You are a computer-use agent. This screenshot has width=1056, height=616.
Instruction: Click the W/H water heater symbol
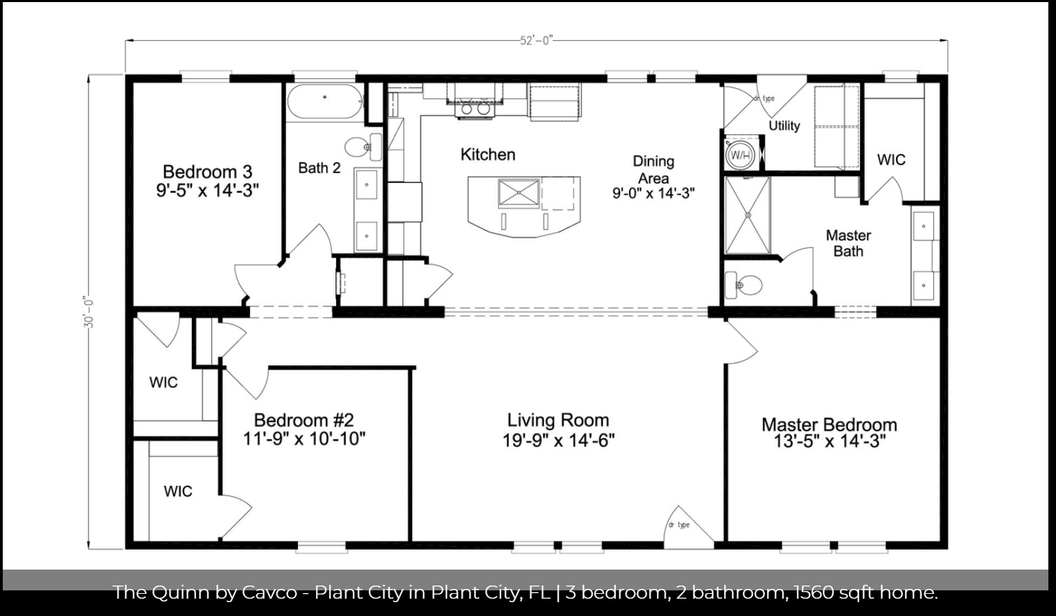[740, 154]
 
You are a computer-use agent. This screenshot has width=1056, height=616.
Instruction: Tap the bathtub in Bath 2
[324, 101]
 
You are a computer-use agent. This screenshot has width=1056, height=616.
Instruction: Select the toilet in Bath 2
[363, 147]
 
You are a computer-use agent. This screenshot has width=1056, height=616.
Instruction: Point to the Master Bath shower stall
[748, 215]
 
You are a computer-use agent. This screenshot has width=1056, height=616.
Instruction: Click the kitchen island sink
[518, 193]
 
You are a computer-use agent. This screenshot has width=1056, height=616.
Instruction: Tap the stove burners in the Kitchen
[475, 109]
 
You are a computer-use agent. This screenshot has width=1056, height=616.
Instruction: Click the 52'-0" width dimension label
[536, 41]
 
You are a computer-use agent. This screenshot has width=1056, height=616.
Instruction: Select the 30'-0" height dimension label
[89, 312]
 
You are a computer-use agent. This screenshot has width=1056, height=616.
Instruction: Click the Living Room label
[558, 420]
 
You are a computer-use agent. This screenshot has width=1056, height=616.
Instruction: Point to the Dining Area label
[653, 170]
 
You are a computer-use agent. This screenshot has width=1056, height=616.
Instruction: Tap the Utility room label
[784, 126]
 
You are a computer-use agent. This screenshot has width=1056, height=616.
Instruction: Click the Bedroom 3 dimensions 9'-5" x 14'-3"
[207, 191]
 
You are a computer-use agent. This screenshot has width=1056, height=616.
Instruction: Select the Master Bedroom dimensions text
[829, 441]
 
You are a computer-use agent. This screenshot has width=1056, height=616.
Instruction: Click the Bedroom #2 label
[303, 420]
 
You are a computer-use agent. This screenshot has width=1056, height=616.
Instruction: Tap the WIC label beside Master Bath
[891, 160]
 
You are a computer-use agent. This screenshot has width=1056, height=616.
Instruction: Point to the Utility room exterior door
[782, 96]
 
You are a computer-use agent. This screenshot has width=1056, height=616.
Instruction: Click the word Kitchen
[488, 155]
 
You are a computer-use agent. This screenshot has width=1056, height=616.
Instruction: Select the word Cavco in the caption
[269, 593]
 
